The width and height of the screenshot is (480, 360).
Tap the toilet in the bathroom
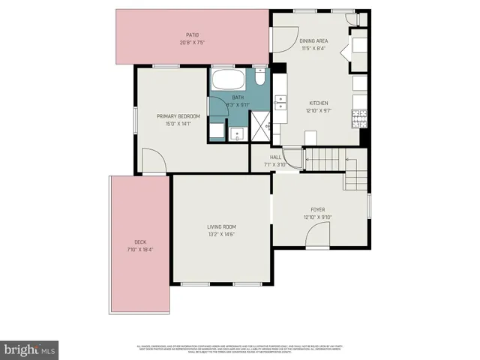coord(259,77)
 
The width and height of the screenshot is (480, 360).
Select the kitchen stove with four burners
coord(359,118)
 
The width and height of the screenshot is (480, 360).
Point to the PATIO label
coord(192,34)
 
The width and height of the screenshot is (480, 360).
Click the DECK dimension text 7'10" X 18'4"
coord(140,250)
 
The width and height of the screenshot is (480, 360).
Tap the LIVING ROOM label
coord(222,226)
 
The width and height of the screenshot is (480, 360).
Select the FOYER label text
coord(318,209)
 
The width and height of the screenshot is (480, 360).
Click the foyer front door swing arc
coord(316,238)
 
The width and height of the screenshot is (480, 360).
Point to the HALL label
coord(275,157)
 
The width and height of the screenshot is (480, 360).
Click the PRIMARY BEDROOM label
coord(178,116)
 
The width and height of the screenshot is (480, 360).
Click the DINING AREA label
coord(313,40)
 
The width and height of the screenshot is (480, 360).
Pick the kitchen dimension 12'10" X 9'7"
coord(319,110)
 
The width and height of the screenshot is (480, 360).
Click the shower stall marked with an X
coord(260,124)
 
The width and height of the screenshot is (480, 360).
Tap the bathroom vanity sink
coord(237,133)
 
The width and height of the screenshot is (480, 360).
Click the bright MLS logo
coord(29,349)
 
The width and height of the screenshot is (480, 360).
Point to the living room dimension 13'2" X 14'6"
coord(222,234)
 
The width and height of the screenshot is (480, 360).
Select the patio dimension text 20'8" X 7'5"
coord(192,42)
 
